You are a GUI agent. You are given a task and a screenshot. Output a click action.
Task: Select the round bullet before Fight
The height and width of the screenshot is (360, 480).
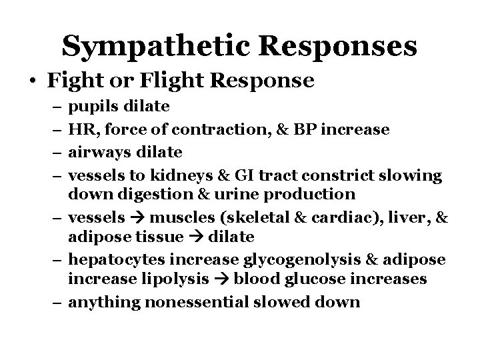click(33, 81)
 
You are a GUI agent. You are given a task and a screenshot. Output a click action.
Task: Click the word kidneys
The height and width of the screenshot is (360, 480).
click(166, 175)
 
